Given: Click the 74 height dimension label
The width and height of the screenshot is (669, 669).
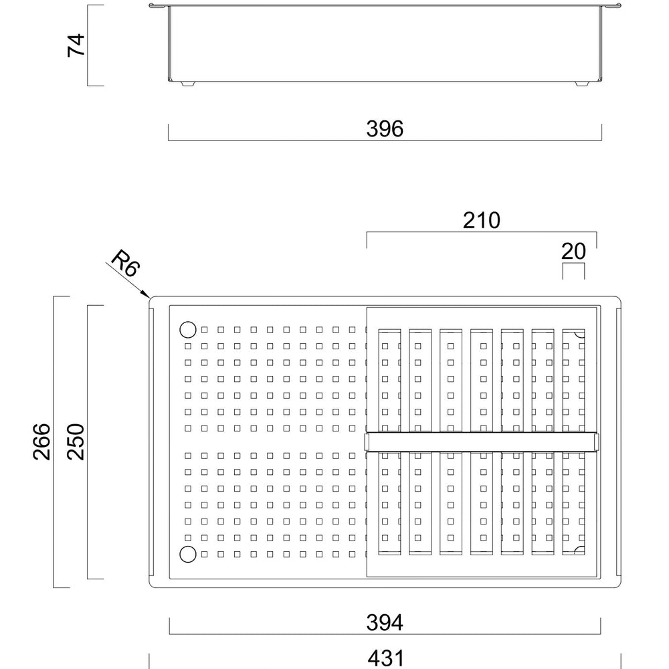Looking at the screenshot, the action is tap(76, 45).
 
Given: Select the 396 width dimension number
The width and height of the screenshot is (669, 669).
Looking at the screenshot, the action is tap(385, 129).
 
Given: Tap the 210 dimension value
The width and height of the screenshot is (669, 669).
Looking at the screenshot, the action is tap(481, 220).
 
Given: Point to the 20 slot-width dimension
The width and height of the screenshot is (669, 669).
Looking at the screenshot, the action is tap(573, 252).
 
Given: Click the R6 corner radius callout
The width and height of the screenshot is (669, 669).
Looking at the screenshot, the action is tap(126, 263).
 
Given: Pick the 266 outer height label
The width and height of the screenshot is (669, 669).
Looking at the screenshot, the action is tap(41, 442).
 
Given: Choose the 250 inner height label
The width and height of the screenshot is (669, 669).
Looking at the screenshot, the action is tap(76, 442).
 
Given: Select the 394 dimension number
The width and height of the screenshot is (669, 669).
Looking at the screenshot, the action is tap(385, 622).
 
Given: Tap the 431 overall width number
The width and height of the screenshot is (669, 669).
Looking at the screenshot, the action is tap(385, 658).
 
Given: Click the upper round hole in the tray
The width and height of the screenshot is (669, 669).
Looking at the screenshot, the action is tap(188, 329).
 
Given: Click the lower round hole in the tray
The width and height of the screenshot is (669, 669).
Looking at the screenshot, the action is tap(188, 554).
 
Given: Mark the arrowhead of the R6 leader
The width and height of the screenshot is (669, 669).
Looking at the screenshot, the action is tap(147, 295).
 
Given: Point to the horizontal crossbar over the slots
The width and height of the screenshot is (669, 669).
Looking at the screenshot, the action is tap(482, 442).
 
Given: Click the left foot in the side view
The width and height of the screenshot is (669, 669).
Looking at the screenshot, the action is tap(187, 84).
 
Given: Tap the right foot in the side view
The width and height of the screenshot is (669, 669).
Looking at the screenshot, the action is tap(581, 84).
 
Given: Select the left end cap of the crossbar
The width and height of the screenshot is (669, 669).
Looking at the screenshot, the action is tap(366, 442).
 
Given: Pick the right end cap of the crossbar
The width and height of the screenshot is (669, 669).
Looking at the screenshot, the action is tap(597, 442).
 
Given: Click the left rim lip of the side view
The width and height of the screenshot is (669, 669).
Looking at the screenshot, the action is tap(159, 5).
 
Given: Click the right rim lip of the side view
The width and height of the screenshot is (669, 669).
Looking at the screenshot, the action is tap(611, 5).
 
